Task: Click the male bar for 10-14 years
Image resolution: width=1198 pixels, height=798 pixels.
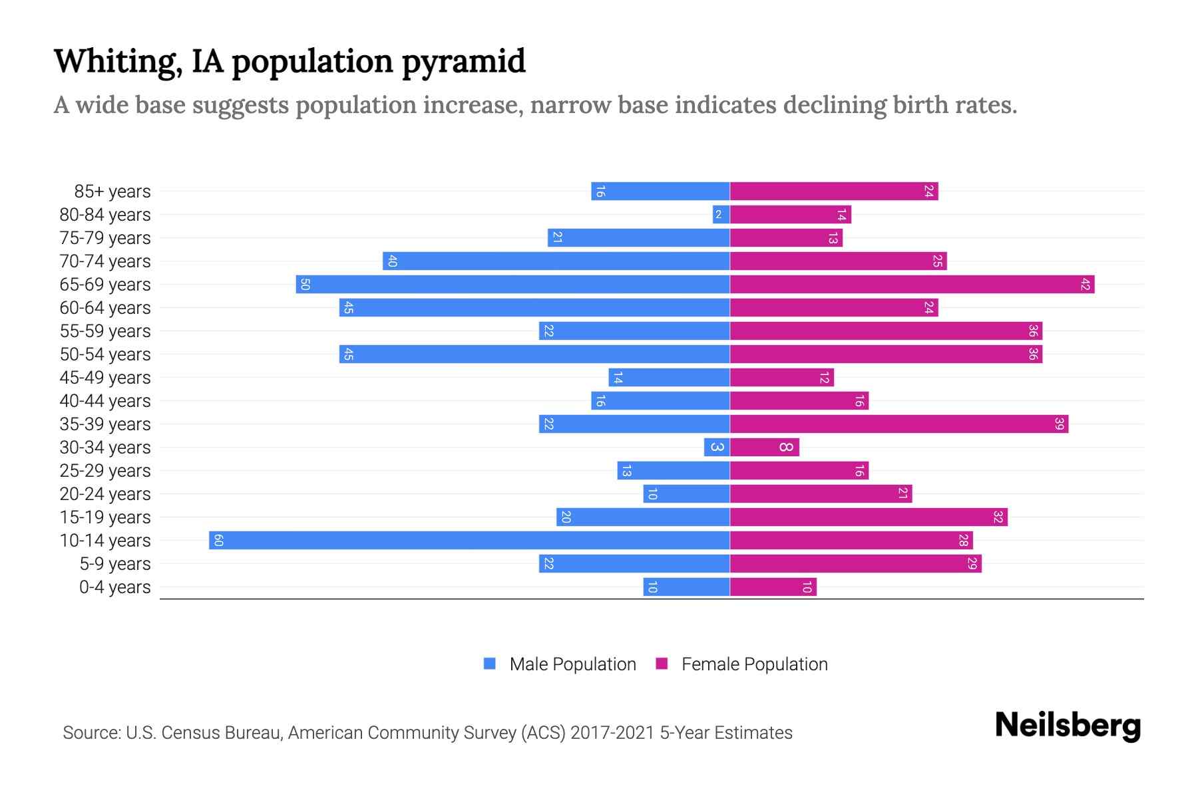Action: [469, 540]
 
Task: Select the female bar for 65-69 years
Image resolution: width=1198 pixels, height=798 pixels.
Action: [912, 284]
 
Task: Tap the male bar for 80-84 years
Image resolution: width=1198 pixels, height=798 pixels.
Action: [721, 214]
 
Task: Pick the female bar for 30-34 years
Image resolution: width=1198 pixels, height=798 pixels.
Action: [764, 447]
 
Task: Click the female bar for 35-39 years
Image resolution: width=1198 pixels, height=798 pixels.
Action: [898, 424]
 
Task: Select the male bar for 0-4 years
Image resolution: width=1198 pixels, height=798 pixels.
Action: [686, 587]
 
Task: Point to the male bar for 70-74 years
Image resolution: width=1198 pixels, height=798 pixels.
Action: [556, 261]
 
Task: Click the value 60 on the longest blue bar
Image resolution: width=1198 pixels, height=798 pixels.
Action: [218, 540]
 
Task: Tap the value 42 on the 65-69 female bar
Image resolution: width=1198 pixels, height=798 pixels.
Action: [1086, 284]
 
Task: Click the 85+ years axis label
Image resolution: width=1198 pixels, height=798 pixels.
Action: [112, 192]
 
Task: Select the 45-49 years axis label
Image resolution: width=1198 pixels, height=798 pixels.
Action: [105, 378]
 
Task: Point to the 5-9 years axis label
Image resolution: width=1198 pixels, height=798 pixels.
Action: [114, 564]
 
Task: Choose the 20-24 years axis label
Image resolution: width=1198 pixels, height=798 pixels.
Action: [105, 494]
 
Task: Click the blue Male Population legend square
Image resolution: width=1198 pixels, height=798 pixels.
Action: [490, 664]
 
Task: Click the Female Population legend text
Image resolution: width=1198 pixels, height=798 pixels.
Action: [754, 664]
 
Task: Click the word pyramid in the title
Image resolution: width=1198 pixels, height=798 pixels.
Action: [464, 61]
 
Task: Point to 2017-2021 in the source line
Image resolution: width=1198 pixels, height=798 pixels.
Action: [612, 732]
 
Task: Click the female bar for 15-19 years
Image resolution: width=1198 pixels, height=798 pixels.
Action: [869, 517]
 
